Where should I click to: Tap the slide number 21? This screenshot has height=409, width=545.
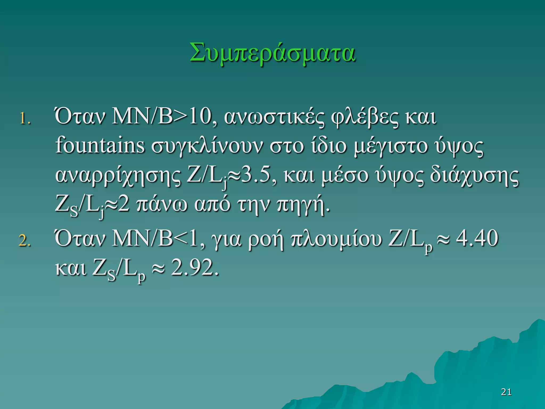pyautogui.click(x=506, y=392)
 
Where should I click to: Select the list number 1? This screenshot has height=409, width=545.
pyautogui.click(x=25, y=119)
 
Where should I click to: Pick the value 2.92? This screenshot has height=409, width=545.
pyautogui.click(x=195, y=267)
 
